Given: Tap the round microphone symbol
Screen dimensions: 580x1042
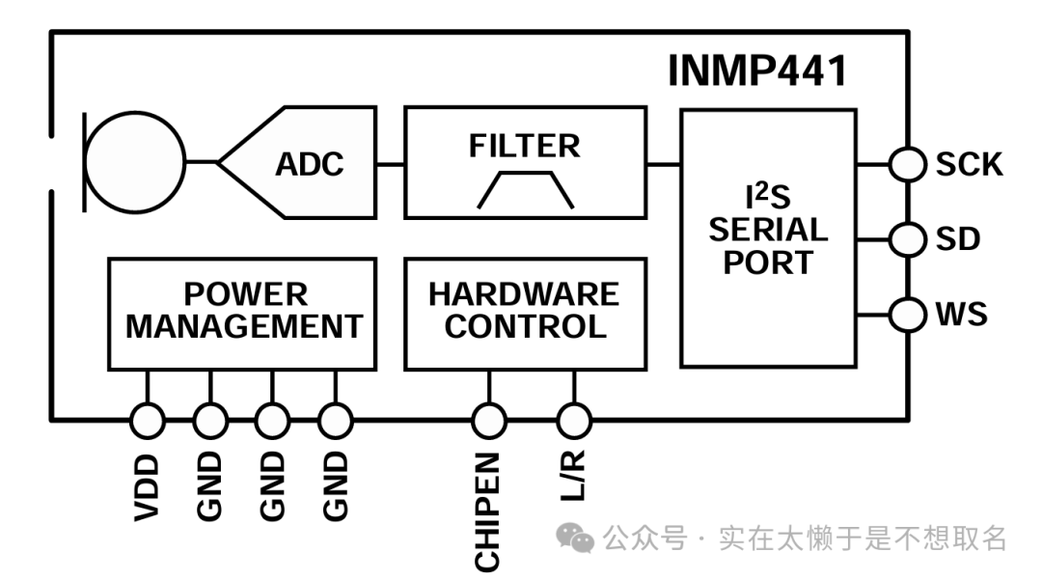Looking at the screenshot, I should tap(134, 162).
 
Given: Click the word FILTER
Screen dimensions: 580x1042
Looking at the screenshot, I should tap(525, 146).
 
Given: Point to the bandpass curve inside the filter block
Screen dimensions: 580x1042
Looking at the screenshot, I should tap(526, 189).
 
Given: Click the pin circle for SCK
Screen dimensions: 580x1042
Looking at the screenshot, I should tap(907, 163).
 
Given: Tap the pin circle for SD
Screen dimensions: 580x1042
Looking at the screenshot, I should tap(907, 238).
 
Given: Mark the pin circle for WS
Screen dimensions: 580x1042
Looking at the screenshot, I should tap(907, 314).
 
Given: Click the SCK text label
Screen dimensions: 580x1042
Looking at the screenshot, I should tap(969, 164).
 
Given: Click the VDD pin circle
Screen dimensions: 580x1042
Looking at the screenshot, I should tap(148, 420).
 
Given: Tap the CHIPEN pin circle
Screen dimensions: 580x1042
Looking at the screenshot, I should tap(489, 420).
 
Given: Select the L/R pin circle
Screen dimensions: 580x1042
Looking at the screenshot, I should tap(574, 420).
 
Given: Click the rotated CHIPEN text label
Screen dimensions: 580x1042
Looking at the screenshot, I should tap(488, 511).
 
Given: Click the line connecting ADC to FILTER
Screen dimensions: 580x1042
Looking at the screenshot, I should tap(390, 163).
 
